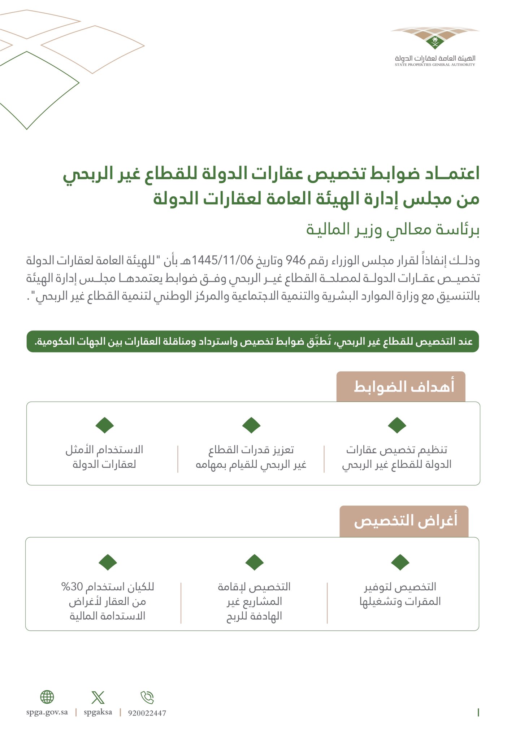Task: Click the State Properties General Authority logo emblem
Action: click(435, 40)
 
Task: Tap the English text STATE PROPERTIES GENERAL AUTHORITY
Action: click(435, 65)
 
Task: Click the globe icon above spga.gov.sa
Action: click(47, 697)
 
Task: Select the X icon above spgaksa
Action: click(98, 698)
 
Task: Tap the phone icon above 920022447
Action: click(147, 698)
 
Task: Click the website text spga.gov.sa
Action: click(47, 712)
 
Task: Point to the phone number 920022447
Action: click(147, 713)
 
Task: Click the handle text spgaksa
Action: click(98, 712)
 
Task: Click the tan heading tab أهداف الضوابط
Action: click(401, 387)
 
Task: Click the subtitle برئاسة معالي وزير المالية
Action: click(393, 230)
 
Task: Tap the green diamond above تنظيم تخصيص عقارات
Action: click(397, 425)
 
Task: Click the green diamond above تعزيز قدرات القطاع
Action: click(251, 425)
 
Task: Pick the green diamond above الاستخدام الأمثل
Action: click(105, 425)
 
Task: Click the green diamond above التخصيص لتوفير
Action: click(400, 562)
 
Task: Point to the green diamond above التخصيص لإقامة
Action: click(254, 562)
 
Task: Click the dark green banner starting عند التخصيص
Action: click(253, 341)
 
